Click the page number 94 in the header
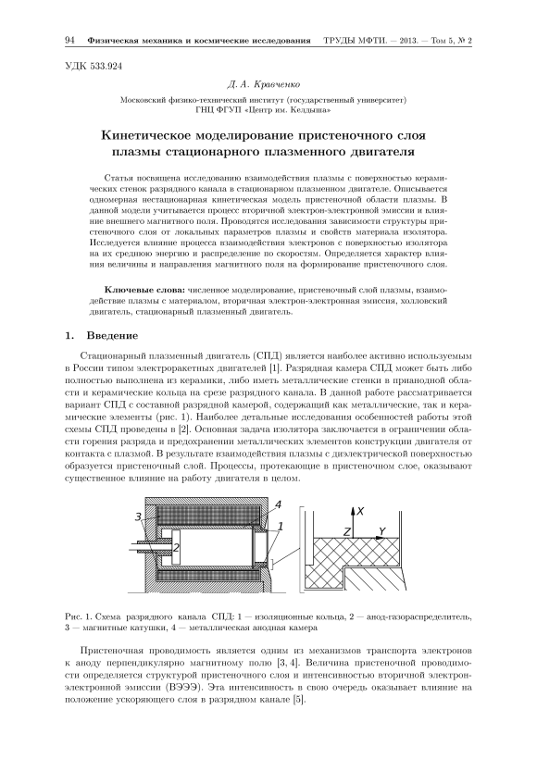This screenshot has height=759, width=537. [x=69, y=40]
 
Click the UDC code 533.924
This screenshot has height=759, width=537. [x=106, y=67]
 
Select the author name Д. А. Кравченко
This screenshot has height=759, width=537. [x=264, y=85]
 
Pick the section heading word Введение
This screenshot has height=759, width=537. [x=112, y=335]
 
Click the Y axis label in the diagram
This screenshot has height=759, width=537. [x=382, y=531]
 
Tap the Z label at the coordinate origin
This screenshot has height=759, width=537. [x=346, y=532]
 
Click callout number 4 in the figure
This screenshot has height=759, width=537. [x=278, y=504]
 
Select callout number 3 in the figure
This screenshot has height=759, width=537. [x=138, y=517]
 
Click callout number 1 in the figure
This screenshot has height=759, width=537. [x=280, y=526]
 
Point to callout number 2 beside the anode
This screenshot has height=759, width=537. [x=176, y=547]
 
